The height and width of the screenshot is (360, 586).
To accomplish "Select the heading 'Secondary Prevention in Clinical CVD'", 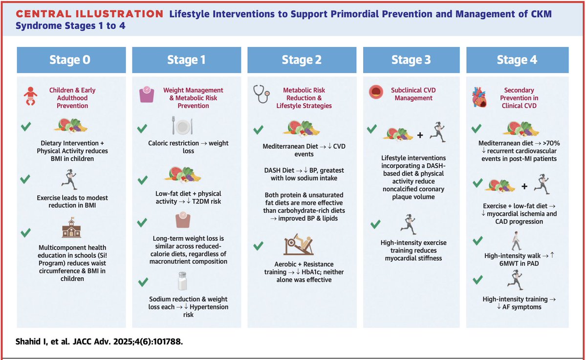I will coord(519,98).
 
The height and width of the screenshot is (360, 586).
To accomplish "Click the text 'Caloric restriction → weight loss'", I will coord(188,147).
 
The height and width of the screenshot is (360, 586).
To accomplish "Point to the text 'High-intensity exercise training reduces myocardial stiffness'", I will coord(413,251).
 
